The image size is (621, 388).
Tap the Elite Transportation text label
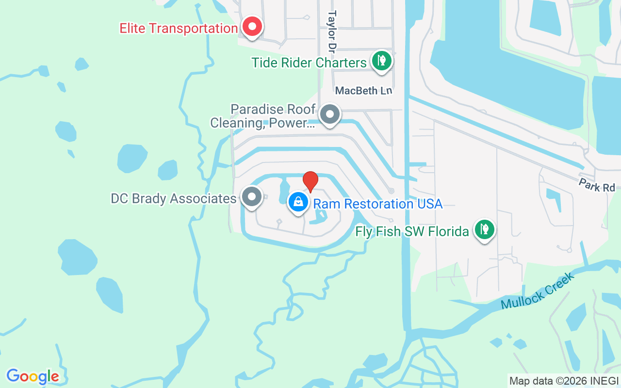pyautogui.click(x=179, y=28)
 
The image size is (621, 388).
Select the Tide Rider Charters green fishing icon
pyautogui.click(x=382, y=61)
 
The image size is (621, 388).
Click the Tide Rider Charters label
pyautogui.click(x=309, y=63)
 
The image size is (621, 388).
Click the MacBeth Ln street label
pyautogui.click(x=363, y=91)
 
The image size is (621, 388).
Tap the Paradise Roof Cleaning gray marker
pyautogui.click(x=330, y=115)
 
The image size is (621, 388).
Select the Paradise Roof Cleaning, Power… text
pyautogui.click(x=262, y=116)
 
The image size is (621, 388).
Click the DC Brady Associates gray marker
pyautogui.click(x=251, y=197)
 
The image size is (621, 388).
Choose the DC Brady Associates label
pyautogui.click(x=173, y=199)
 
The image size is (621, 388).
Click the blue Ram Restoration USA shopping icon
pyautogui.click(x=298, y=202)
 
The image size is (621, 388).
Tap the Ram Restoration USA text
pyautogui.click(x=378, y=204)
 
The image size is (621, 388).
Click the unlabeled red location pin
pyautogui.click(x=310, y=181)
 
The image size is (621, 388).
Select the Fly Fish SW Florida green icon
pyautogui.click(x=484, y=229)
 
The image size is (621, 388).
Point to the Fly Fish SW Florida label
pyautogui.click(x=412, y=231)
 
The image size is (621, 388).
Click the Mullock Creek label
pyautogui.click(x=538, y=291)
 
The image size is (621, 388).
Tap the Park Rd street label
pyautogui.click(x=596, y=185)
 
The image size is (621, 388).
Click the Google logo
pyautogui.click(x=33, y=376)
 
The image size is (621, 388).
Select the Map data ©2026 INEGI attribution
pyautogui.click(x=564, y=381)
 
